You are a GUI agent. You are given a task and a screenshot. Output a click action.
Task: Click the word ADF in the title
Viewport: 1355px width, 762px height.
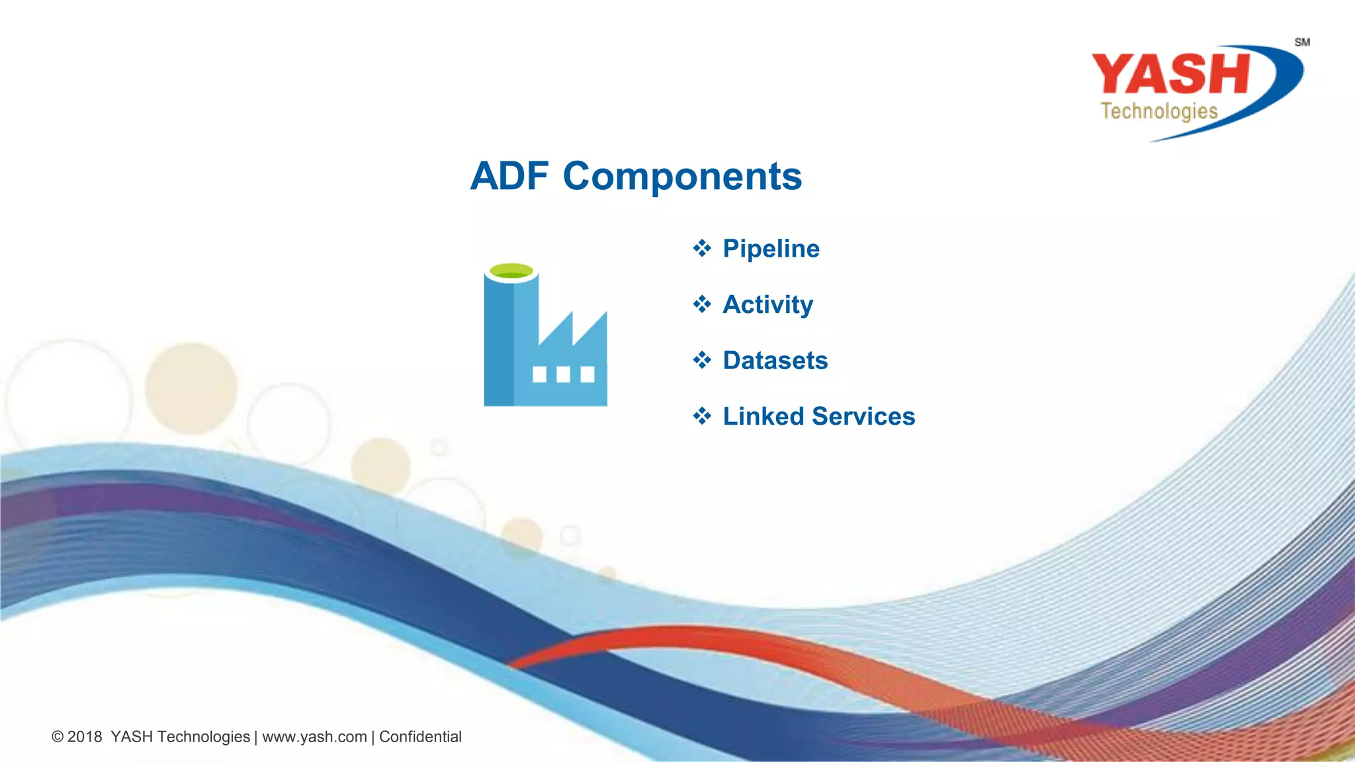click(x=509, y=177)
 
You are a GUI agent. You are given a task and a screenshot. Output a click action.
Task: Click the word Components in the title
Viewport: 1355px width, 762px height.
click(x=682, y=177)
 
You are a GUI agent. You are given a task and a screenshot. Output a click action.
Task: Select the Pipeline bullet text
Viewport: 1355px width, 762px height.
click(x=771, y=249)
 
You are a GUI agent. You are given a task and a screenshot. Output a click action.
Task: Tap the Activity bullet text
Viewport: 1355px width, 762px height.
click(x=767, y=305)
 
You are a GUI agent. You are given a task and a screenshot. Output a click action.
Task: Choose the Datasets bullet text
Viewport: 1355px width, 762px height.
click(x=775, y=360)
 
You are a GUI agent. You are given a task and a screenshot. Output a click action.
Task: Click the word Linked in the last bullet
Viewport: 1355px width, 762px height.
click(x=763, y=417)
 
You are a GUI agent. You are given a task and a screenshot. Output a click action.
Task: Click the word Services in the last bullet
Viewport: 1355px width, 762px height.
click(x=863, y=417)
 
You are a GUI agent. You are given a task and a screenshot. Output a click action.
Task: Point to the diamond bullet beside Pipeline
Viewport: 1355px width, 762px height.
click(x=702, y=249)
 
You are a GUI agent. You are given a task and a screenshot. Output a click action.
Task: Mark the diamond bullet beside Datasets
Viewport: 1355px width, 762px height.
click(x=702, y=360)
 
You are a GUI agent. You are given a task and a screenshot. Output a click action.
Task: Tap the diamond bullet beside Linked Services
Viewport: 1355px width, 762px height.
click(x=702, y=417)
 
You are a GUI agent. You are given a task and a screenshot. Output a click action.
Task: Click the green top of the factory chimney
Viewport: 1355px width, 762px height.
click(x=511, y=271)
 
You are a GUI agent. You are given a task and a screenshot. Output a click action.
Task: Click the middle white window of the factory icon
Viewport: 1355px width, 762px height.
click(x=563, y=375)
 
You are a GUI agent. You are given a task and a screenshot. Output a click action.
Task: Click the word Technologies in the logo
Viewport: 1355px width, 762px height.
click(x=1158, y=111)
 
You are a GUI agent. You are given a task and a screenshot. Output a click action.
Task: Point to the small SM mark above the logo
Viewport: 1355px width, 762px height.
click(x=1302, y=42)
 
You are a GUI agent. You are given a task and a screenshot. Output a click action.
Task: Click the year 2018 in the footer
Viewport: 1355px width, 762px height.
click(x=85, y=737)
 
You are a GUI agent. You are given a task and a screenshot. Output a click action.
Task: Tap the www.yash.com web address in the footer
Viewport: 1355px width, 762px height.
click(x=314, y=737)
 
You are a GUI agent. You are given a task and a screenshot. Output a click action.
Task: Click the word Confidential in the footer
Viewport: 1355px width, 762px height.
click(x=420, y=737)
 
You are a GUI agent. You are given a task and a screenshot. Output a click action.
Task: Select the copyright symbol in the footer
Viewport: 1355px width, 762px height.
click(x=58, y=737)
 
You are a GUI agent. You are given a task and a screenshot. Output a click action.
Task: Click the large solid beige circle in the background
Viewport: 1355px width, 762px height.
click(x=191, y=388)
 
